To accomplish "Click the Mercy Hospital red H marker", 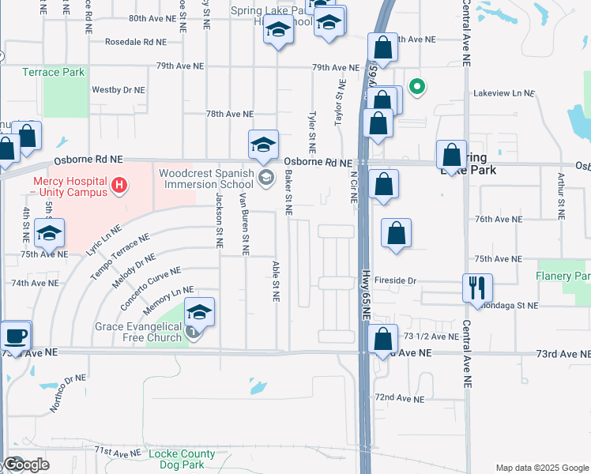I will click(119, 186).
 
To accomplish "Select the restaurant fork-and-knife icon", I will click(476, 286).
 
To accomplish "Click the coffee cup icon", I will click(15, 334).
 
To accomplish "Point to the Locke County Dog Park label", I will click(182, 460).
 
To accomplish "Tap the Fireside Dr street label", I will click(395, 280).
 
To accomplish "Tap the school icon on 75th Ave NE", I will click(49, 233).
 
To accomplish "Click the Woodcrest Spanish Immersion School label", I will click(206, 179).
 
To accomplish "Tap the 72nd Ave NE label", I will click(399, 397).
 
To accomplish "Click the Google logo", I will click(25, 465).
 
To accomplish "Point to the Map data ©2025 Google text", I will click(541, 468).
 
